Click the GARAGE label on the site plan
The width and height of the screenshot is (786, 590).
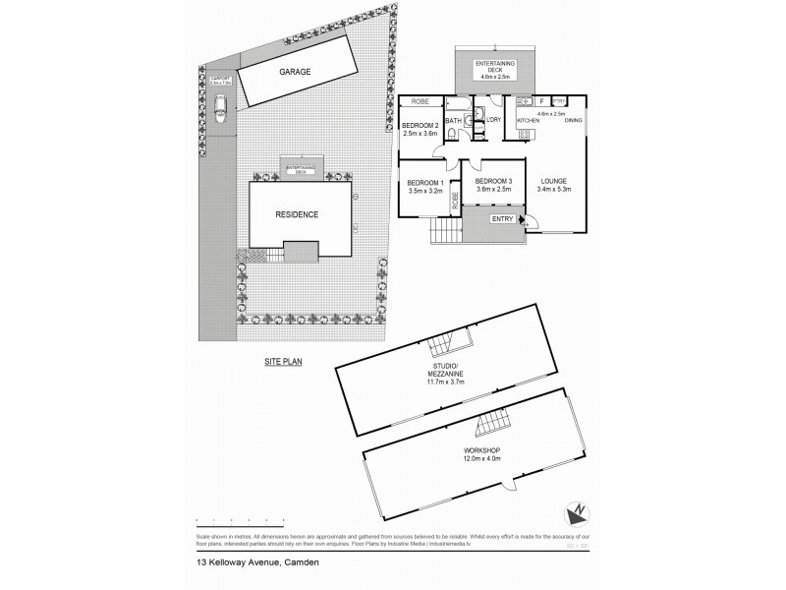[x=294, y=72]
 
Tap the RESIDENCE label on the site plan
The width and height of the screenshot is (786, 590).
[x=297, y=215]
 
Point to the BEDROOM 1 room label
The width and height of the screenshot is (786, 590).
[x=426, y=186]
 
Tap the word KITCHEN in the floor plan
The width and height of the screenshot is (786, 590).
[x=529, y=121]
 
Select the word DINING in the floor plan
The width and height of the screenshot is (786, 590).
[x=574, y=121]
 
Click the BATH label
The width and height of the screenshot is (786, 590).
[x=453, y=121]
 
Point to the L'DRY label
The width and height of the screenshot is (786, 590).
[x=494, y=121]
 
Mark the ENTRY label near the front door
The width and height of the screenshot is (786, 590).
[x=502, y=219]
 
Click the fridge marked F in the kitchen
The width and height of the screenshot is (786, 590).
[x=541, y=100]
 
